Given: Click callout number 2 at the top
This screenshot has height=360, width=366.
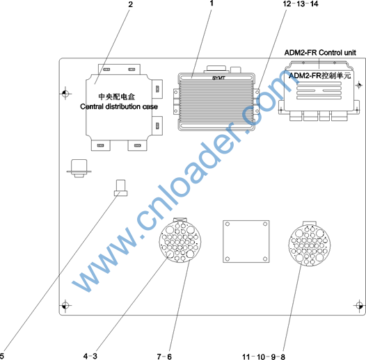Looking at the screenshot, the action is tap(131, 4).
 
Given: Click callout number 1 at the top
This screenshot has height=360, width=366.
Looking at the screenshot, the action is tap(212, 3).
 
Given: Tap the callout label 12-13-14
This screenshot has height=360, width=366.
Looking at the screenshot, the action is tap(301, 4).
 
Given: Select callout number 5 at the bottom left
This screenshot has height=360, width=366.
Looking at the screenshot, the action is tap(2, 356).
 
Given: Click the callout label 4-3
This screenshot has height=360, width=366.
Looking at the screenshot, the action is tap(90, 356).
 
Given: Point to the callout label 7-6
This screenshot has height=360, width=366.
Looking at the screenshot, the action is tap(164, 357).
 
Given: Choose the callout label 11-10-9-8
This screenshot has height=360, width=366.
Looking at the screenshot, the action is tap(264, 357).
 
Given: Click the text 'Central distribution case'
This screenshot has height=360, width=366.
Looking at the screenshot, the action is tap(119, 106).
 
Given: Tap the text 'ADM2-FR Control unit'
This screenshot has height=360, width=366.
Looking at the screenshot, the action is tap(320, 53).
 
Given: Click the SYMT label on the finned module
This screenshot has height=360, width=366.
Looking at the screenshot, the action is tap(218, 78).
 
